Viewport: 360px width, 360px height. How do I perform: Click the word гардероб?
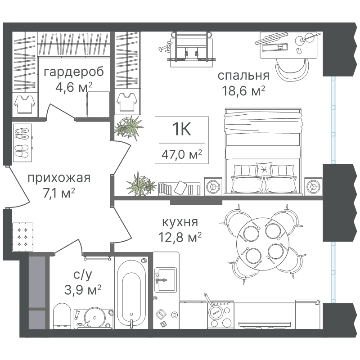(74, 72)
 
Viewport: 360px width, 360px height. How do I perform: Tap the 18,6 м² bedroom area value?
(243, 91)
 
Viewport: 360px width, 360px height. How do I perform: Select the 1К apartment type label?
(182, 129)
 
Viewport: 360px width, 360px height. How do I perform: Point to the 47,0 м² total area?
(182, 154)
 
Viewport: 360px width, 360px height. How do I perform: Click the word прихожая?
(59, 178)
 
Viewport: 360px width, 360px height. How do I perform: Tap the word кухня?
(180, 222)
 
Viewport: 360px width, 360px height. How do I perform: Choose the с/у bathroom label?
(83, 275)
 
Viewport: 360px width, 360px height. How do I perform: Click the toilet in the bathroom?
(62, 316)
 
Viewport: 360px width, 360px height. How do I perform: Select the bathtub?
(131, 292)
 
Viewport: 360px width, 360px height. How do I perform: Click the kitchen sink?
(166, 280)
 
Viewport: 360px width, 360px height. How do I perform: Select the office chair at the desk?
(292, 69)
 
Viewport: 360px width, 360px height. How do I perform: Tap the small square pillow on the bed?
(264, 170)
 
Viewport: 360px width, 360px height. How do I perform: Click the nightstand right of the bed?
(313, 186)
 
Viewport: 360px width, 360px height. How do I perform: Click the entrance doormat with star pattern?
(22, 237)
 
